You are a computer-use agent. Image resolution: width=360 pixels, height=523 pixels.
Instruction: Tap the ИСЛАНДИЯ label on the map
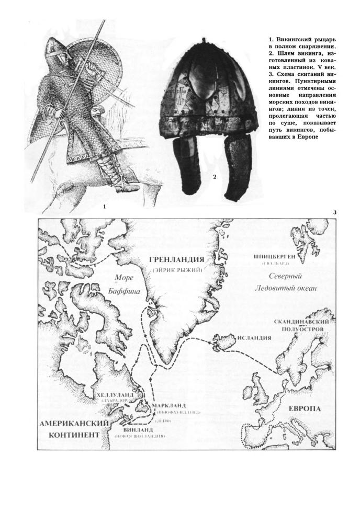coord(255,338)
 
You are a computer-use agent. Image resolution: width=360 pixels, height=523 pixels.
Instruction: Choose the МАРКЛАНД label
coord(168,406)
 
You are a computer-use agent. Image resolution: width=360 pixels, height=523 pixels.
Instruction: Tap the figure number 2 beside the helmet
coord(215,177)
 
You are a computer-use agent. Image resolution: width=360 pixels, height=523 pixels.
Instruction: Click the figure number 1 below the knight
coord(105,207)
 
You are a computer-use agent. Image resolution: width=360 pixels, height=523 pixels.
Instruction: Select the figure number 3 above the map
coord(333,212)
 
